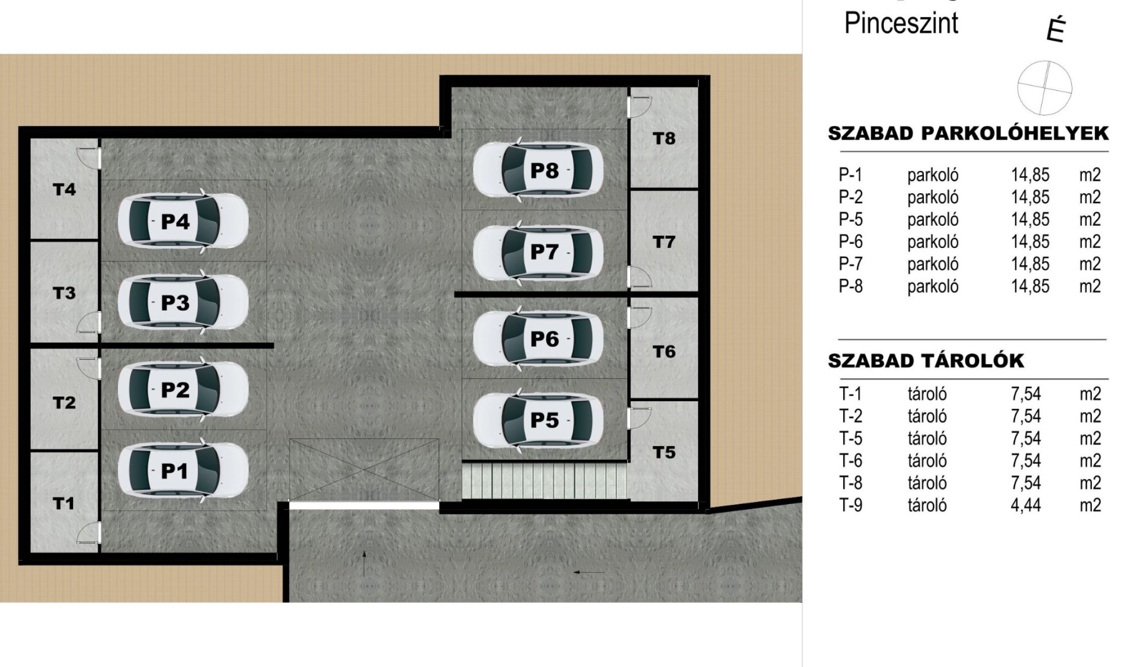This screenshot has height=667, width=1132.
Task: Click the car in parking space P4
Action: point(183,221)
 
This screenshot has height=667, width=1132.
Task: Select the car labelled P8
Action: point(538,170)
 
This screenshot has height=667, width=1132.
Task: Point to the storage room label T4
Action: point(64,190)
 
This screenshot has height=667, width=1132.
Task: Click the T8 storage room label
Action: point(664,139)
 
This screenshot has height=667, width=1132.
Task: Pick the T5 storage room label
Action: point(664,452)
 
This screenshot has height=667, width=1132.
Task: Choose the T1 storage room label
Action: point(64,503)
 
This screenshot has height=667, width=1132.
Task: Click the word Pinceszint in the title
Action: point(901,23)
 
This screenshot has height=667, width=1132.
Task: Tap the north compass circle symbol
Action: point(1044,88)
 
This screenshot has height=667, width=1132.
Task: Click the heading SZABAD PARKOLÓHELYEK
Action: point(968,133)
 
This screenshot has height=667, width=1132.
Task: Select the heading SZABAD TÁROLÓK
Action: point(926,361)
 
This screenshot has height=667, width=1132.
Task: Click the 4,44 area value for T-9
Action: point(1026,505)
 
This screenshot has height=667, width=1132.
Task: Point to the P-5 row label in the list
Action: point(850,219)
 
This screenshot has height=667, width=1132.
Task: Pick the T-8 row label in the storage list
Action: point(850,483)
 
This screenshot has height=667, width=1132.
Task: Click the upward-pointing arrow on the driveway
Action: point(364,563)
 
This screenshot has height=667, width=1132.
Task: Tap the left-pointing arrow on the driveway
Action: point(589,572)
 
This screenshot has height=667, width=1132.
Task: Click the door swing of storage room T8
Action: point(641,107)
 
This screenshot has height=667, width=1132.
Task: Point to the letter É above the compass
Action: point(1055,30)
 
